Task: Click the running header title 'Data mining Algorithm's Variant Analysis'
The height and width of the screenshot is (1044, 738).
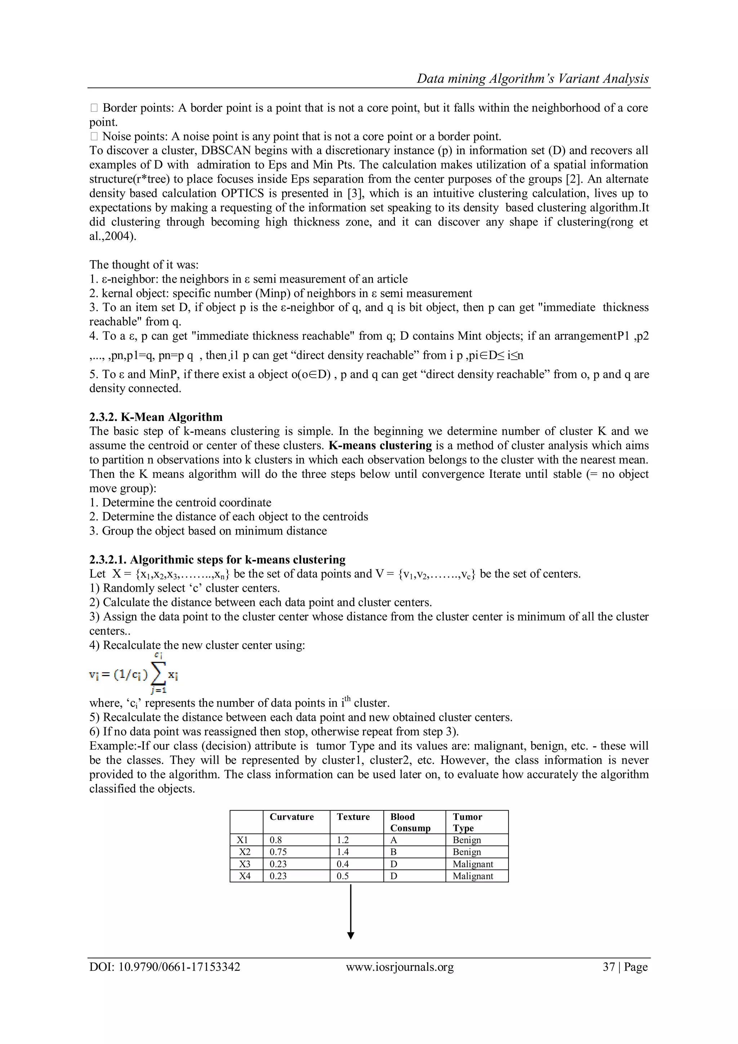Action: [x=533, y=79]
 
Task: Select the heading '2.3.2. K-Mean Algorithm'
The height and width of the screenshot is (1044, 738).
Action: [x=156, y=417]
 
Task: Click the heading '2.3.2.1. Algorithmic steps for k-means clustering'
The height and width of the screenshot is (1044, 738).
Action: [x=217, y=559]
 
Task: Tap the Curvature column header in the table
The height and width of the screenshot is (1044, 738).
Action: [x=292, y=817]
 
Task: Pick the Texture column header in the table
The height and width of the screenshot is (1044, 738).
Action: [x=353, y=817]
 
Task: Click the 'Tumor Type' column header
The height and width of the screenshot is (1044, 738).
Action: [x=467, y=822]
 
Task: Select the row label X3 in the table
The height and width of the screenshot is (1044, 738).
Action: [x=245, y=864]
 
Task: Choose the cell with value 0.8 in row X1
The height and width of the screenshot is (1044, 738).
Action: [x=276, y=840]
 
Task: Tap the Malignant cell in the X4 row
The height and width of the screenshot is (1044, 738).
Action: [x=472, y=876]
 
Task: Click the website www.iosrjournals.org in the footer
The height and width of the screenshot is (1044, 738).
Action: [x=400, y=967]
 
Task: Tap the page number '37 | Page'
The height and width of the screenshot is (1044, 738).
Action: [x=625, y=967]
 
